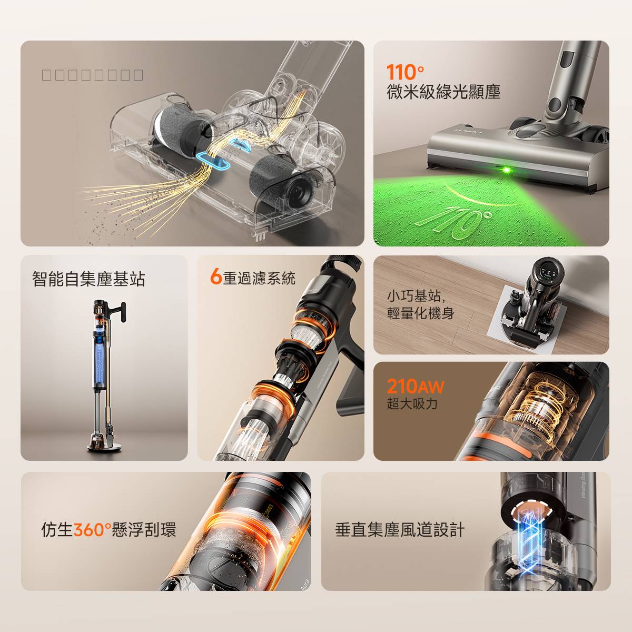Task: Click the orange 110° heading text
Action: pos(405,72)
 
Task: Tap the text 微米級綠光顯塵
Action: pos(443,92)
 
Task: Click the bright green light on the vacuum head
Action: pos(507,170)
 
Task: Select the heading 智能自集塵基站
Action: pos(88,279)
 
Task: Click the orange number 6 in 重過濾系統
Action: pos(215,277)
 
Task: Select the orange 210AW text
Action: pos(415,387)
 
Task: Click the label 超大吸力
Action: pos(412,404)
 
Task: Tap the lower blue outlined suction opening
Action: pos(213,161)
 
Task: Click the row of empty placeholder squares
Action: pos(93,75)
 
